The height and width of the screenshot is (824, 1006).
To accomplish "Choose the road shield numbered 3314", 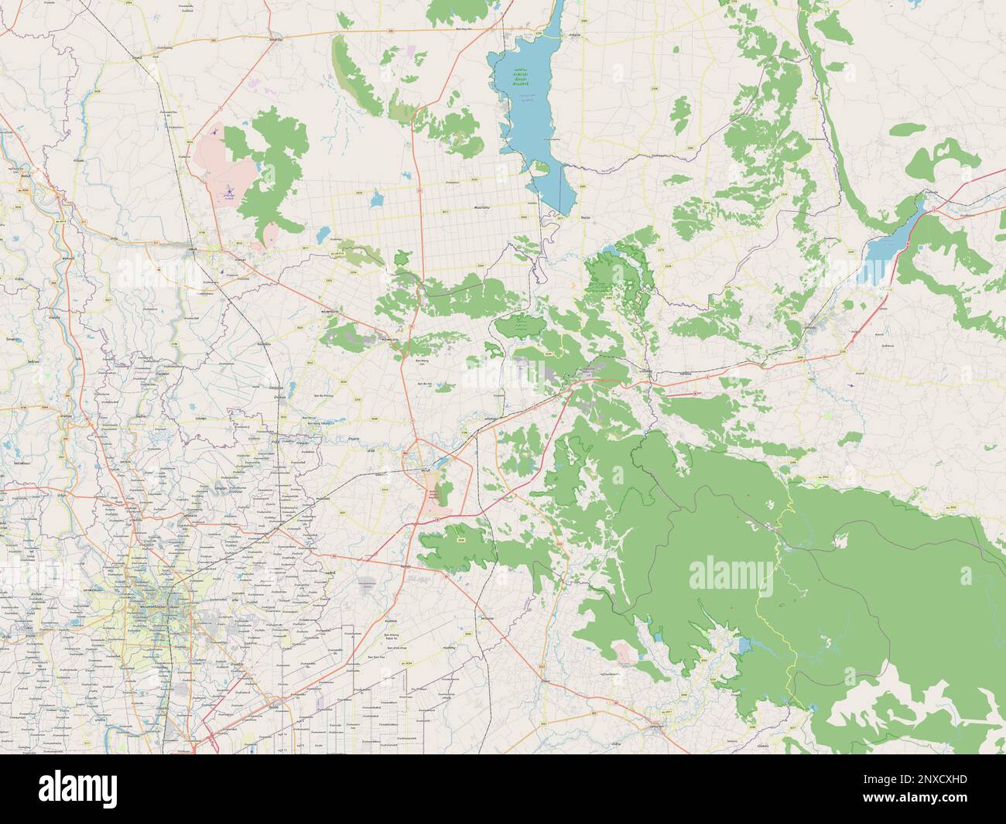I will [385, 489].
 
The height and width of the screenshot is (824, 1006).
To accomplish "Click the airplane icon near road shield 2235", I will [851, 385].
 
